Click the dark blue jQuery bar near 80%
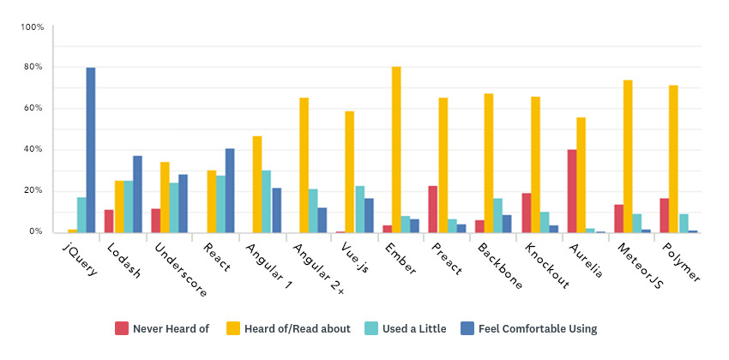[90, 150]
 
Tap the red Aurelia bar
[572, 190]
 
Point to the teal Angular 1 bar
[267, 201]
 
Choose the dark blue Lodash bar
[137, 194]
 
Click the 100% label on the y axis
[33, 27]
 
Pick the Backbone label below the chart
[502, 267]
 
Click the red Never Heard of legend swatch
[122, 328]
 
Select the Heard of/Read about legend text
[289, 328]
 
